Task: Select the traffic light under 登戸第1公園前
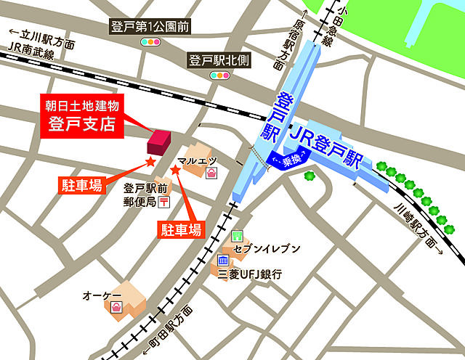pos(150,43)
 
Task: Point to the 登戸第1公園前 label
pos(150,27)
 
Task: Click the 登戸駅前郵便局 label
pos(139,195)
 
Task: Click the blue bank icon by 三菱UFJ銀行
pos(224,261)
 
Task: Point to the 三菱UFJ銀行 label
pos(250,274)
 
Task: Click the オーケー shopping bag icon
pos(116,308)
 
